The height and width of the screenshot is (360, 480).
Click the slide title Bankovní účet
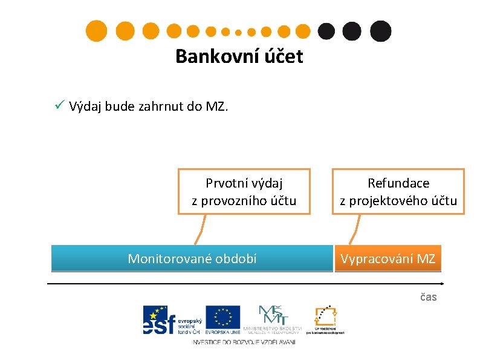pyautogui.click(x=239, y=56)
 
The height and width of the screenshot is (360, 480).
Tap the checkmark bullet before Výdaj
pyautogui.click(x=59, y=106)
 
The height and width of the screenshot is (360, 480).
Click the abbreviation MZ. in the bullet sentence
pyautogui.click(x=216, y=107)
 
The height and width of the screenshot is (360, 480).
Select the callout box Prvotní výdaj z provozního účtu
pyautogui.click(x=244, y=191)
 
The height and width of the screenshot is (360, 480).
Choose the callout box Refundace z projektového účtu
pyautogui.click(x=398, y=191)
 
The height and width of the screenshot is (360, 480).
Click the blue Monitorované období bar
pyautogui.click(x=192, y=258)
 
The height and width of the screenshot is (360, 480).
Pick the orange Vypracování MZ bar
pyautogui.click(x=388, y=258)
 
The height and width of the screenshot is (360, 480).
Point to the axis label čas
pyautogui.click(x=428, y=296)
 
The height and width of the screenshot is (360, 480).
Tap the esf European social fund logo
pyautogui.click(x=172, y=319)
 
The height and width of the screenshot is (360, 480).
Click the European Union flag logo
pyautogui.click(x=222, y=319)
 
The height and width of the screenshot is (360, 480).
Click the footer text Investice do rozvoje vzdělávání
pyautogui.click(x=244, y=342)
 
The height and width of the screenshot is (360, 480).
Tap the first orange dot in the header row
pyautogui.click(x=96, y=31)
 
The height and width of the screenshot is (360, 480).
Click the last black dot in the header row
pyautogui.click(x=380, y=31)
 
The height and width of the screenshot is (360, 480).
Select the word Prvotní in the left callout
pyautogui.click(x=224, y=183)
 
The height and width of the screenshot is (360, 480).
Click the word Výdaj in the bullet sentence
pyautogui.click(x=85, y=107)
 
